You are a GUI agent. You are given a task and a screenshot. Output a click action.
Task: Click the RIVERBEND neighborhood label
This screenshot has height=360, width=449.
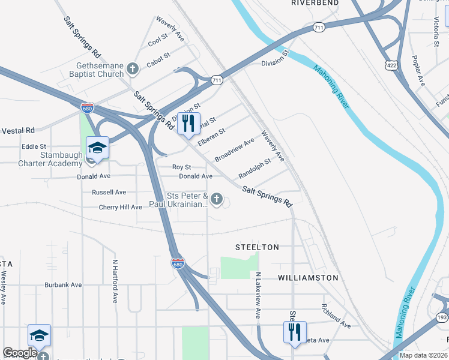tap(315, 3)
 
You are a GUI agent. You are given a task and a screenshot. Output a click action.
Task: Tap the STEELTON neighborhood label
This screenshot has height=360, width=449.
tap(257, 247)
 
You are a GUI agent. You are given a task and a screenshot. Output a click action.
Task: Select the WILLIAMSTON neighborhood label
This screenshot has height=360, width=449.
tap(309, 278)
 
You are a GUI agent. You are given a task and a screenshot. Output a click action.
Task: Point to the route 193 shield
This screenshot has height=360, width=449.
tap(442, 317)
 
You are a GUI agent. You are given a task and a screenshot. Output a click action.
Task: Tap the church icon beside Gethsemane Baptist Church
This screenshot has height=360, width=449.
tap(133, 70)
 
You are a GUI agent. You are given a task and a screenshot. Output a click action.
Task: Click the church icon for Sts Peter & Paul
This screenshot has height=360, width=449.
tap(217, 199)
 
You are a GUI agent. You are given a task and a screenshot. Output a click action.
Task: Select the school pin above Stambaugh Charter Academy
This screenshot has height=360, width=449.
tap(97, 147)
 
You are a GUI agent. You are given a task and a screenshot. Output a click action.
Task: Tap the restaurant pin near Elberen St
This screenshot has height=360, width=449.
tap(189, 124)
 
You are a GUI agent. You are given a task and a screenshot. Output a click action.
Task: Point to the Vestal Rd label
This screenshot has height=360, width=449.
tap(18, 130)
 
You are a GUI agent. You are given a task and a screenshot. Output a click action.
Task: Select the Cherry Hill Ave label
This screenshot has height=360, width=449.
tap(120, 207)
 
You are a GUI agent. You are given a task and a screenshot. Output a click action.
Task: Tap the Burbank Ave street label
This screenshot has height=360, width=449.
tap(63, 285)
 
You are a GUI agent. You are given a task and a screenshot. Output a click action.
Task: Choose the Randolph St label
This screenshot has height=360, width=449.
tap(255, 172)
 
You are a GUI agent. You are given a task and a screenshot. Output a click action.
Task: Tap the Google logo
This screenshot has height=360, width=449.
tap(19, 353)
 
